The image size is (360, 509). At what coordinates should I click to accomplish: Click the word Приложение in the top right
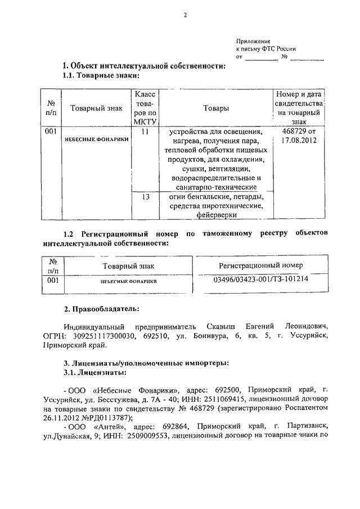pos(254,41)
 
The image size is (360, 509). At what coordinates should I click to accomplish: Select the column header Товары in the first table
pos(217,108)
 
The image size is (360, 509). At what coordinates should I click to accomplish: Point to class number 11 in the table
pos(145,132)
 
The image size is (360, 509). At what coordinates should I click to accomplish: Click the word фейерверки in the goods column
pos(217,214)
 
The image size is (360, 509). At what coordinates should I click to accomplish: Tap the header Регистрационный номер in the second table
pos(261,265)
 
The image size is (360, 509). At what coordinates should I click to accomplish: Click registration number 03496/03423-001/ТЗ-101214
pos(261,279)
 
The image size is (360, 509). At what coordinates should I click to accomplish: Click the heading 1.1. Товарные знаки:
pos(101,75)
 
